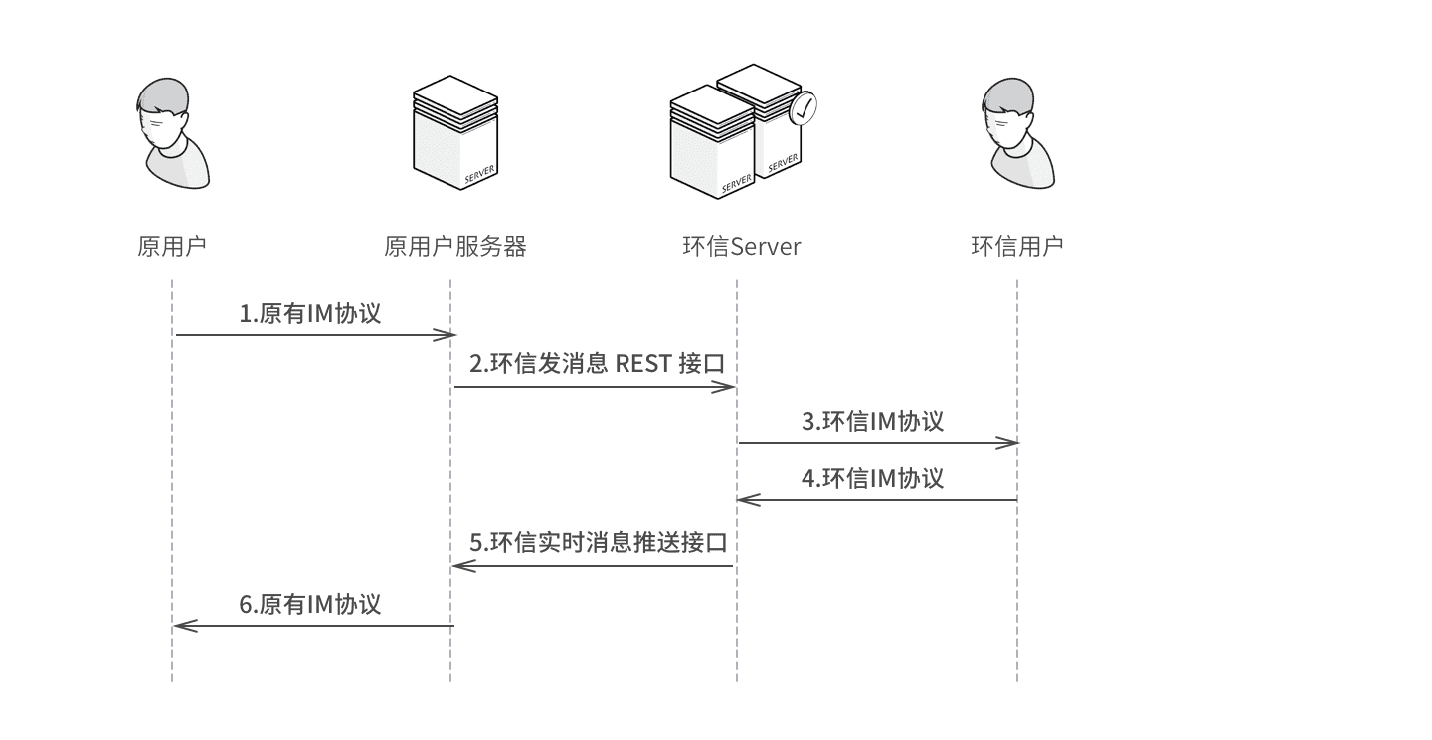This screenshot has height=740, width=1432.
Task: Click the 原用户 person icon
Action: (172, 134)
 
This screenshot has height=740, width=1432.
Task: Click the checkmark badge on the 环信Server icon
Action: (803, 108)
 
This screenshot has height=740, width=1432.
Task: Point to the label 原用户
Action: (172, 246)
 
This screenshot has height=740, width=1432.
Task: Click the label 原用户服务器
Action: (454, 246)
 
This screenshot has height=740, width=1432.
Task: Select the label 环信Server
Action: (742, 246)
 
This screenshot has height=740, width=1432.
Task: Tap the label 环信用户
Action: (1016, 246)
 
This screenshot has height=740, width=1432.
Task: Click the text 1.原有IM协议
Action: (309, 314)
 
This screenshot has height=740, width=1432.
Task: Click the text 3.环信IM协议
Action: (872, 421)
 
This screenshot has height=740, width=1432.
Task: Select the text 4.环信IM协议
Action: (872, 478)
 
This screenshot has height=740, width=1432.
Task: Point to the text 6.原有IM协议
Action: (309, 604)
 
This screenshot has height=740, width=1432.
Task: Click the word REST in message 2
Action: (643, 365)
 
